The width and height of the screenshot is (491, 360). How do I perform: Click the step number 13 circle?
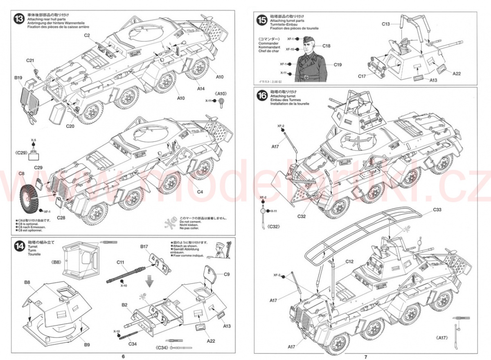[x=18, y=19]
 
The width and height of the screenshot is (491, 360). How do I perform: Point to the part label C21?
[x=30, y=61]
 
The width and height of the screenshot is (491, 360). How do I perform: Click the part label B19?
[x=18, y=77]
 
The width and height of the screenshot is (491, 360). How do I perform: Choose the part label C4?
[x=200, y=192]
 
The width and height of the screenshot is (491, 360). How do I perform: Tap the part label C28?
[x=61, y=217]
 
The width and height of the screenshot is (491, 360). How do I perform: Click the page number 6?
[x=123, y=356]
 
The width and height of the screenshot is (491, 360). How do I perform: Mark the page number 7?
[x=366, y=356]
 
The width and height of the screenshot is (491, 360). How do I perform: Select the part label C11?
[x=120, y=262]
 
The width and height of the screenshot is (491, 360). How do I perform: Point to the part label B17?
[x=144, y=247]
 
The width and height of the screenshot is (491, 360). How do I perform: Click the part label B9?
[x=87, y=344]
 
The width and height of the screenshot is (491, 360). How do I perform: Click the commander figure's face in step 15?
[x=307, y=43]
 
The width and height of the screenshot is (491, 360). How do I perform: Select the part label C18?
[x=326, y=46]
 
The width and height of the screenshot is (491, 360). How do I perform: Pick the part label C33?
[x=437, y=210]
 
